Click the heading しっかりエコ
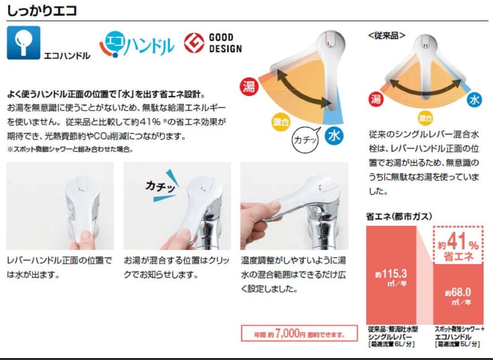tap(42, 11)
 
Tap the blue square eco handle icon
tap(23, 42)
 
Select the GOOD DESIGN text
tap(225, 43)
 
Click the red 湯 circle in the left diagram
tap(249, 86)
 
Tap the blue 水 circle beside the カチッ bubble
tap(334, 136)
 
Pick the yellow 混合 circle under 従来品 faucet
tap(425, 119)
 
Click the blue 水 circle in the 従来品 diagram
tap(474, 100)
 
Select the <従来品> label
tap(386, 35)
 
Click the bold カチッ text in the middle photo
tap(160, 186)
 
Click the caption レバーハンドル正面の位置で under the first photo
tap(59, 261)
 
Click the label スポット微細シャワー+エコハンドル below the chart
tap(457, 333)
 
